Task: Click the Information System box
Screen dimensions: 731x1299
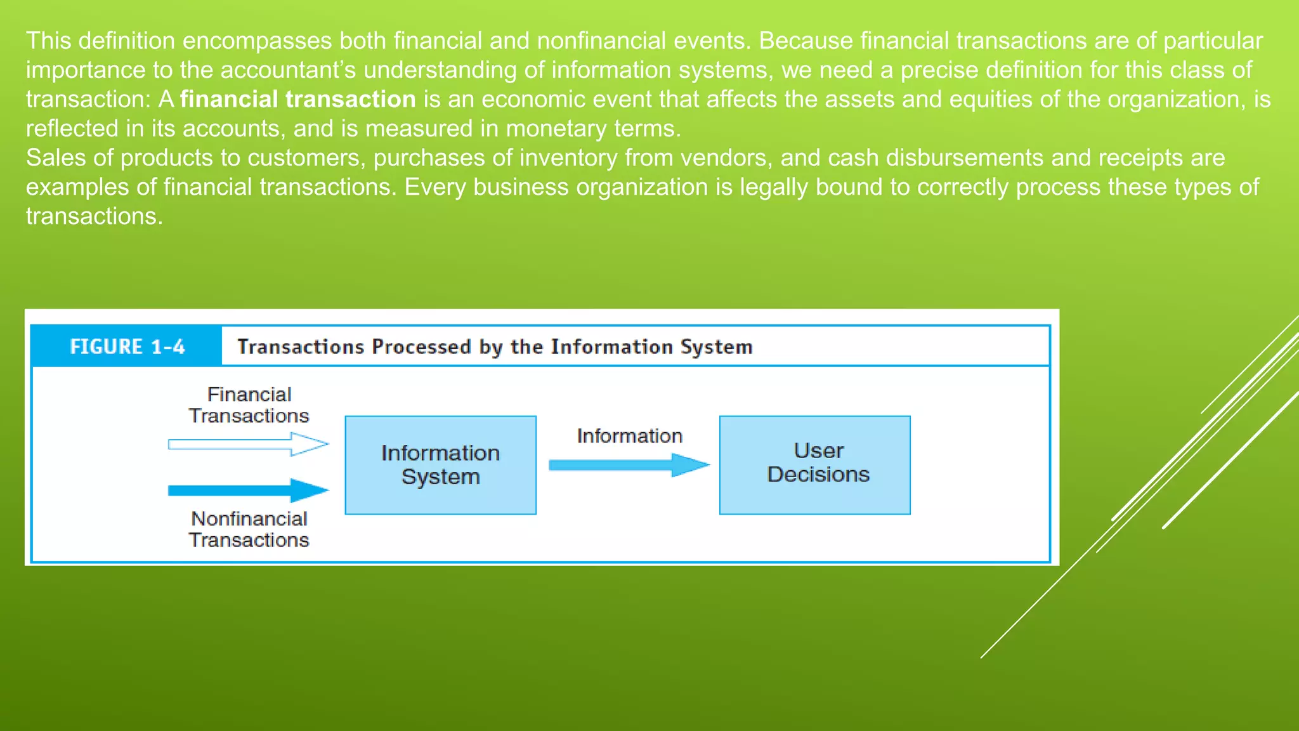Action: pos(440,464)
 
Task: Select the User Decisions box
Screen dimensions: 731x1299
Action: pos(814,464)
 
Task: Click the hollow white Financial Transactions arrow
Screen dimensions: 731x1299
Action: pos(247,444)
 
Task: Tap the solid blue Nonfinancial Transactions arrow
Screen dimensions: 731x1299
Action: pos(247,490)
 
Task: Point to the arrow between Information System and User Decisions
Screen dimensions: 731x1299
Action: pos(628,465)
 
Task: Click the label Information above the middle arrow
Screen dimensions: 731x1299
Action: pos(629,436)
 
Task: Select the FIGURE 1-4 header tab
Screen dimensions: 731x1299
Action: pos(127,346)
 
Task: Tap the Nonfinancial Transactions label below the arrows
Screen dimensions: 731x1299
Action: pos(249,529)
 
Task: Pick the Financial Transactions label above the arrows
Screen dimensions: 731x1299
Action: pos(249,405)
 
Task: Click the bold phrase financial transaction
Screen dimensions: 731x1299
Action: pos(297,100)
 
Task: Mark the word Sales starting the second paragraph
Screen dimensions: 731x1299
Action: pos(56,158)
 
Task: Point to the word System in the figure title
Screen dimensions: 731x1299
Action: pos(716,346)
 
